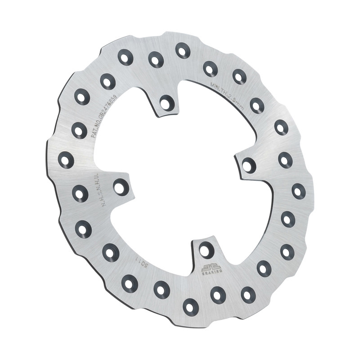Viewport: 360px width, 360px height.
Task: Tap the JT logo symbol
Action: [211, 267]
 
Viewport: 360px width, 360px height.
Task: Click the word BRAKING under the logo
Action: [211, 273]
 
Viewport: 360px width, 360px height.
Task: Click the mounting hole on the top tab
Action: [167, 103]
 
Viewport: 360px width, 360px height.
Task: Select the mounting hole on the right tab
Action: [248, 165]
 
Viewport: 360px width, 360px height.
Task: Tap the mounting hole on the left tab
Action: [121, 186]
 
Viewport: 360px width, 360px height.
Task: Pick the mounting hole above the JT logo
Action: [206, 249]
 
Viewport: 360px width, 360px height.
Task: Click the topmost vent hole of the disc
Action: [183, 50]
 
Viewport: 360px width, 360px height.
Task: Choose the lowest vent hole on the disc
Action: [190, 306]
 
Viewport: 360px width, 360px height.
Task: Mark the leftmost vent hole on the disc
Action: [66, 160]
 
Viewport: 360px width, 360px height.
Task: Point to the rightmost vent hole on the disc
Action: [298, 191]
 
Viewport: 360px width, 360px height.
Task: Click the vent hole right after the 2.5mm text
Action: [256, 106]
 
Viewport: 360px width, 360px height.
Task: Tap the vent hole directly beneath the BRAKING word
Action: [218, 295]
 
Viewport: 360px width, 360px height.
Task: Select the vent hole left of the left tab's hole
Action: [80, 193]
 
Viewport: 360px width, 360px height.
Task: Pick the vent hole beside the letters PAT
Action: [79, 130]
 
